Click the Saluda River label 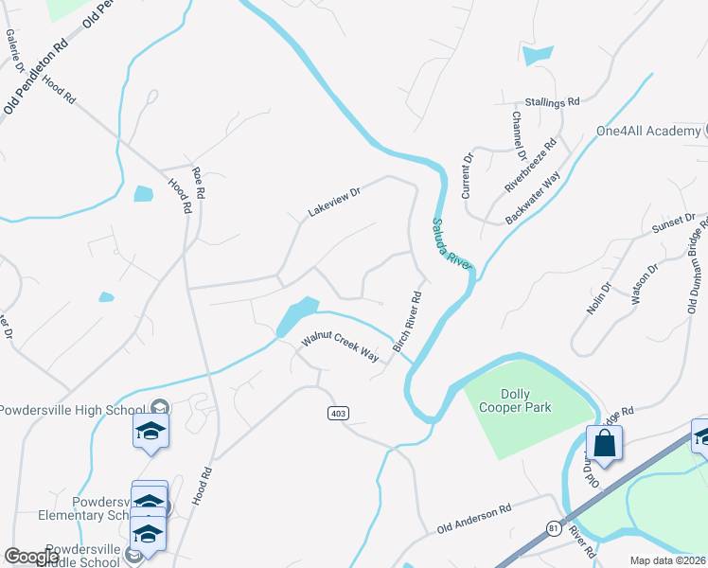coord(451,244)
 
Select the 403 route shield coord(338,413)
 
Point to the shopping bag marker coord(604,443)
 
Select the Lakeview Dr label coord(335,203)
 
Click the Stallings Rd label coord(554,101)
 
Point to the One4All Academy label coord(647,131)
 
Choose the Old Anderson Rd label coord(473,520)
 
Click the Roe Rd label coord(198,180)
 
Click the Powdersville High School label coord(78,410)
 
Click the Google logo coord(31,557)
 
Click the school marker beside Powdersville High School coord(150,431)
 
